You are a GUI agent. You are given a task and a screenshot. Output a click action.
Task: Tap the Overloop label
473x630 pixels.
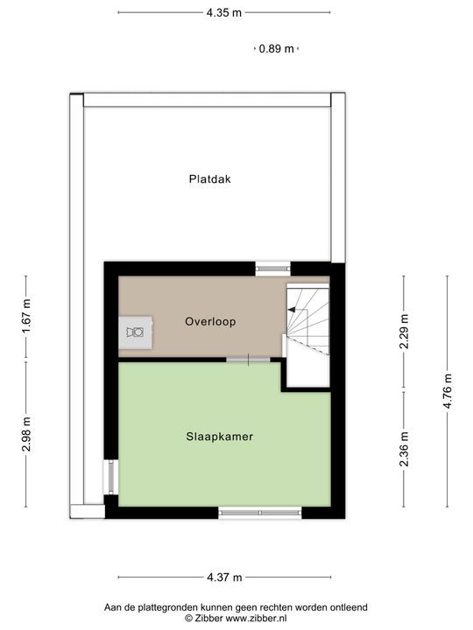point(210,321)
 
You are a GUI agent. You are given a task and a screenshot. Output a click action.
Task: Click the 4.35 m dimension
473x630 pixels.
point(224,13)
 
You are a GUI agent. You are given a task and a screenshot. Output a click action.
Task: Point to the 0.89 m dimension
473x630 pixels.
point(276,49)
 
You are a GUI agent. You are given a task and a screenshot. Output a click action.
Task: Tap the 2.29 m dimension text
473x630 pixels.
point(404,332)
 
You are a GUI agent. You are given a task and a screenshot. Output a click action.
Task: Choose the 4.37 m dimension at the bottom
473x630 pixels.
point(224,577)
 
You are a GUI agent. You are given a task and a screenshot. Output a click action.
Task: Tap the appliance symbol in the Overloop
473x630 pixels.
point(135,332)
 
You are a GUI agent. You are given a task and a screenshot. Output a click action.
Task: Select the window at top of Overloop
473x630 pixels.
point(272,264)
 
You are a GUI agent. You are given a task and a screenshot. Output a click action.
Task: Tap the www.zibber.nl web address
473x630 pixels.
point(251,617)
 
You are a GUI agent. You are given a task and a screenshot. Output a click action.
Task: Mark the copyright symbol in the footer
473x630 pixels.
point(187,617)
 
